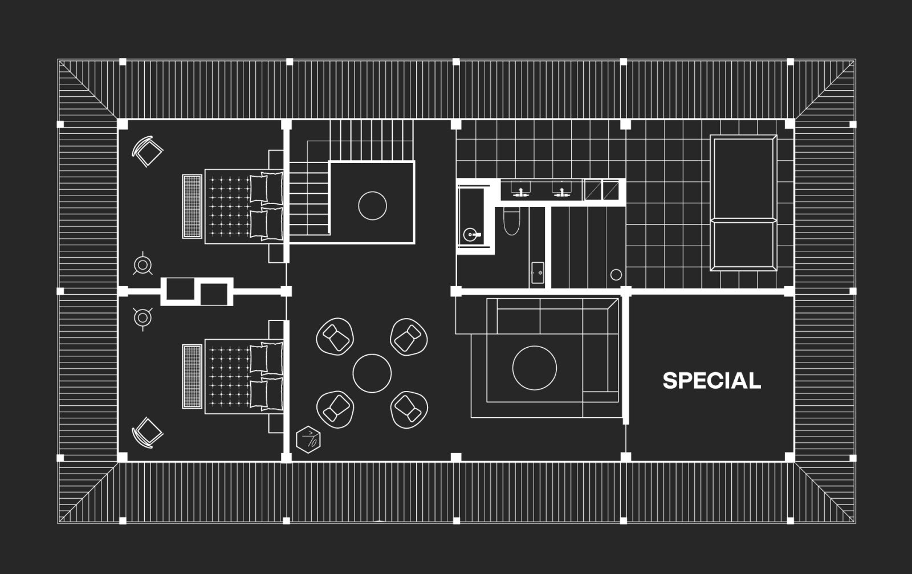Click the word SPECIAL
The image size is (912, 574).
point(711,381)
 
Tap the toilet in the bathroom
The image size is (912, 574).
point(511,222)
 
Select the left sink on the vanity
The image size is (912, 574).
point(521,189)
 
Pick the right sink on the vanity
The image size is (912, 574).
point(561,189)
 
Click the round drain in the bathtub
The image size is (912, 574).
point(470,234)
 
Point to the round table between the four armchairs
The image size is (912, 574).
point(372,373)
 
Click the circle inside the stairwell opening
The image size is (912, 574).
point(372,205)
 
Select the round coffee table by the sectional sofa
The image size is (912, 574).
point(534,368)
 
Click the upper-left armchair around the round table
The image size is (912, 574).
point(335,337)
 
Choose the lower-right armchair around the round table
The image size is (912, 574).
point(409,408)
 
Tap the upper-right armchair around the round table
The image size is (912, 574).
point(409,337)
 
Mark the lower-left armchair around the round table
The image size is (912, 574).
point(335,408)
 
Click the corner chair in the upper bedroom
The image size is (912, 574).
point(148,151)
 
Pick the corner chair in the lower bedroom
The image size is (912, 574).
point(148,433)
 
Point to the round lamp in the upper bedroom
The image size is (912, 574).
point(142,264)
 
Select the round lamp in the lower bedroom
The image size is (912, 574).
point(142,317)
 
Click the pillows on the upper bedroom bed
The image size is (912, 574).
point(267,205)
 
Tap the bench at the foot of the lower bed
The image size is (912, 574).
point(192,376)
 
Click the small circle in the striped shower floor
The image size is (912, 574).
point(616,275)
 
